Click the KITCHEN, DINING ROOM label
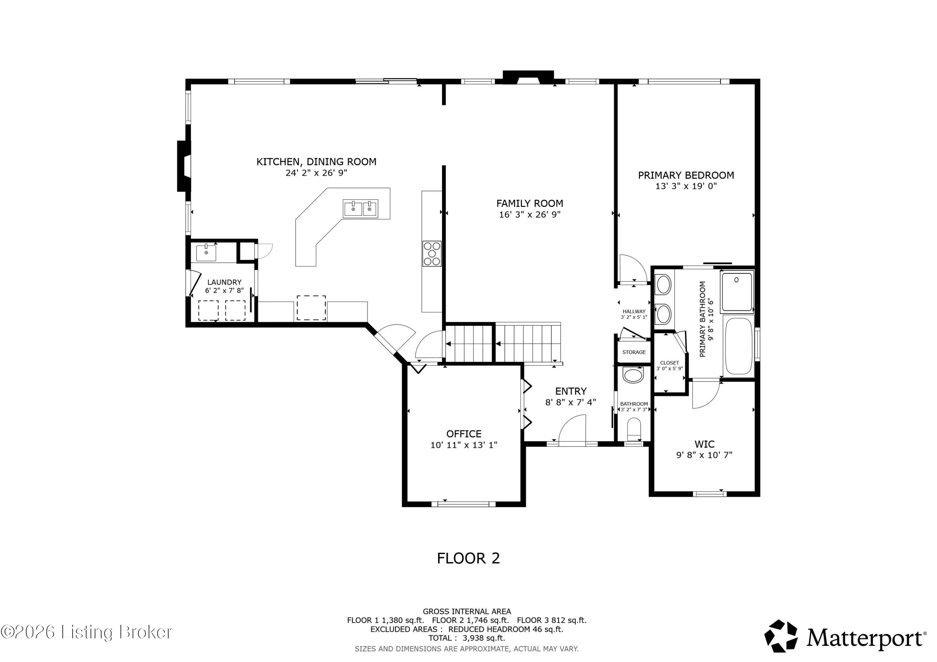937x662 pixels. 316,162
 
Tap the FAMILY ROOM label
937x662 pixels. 530,204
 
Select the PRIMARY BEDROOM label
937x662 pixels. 686,175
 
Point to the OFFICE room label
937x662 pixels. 464,434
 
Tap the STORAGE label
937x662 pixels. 634,352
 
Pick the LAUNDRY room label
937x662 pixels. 225,282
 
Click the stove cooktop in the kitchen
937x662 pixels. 432,254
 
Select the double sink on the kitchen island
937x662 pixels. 360,208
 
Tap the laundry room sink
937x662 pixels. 206,253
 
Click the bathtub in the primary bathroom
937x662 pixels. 738,346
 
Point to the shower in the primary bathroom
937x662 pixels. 737,292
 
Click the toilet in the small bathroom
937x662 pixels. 634,429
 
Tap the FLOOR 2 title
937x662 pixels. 468,558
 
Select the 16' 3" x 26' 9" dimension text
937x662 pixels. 530,214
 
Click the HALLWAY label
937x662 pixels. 634,311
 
